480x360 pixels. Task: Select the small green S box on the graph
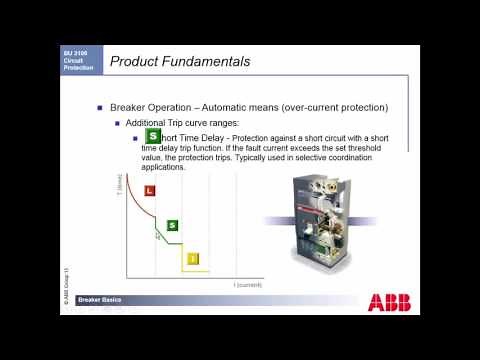[x=172, y=226]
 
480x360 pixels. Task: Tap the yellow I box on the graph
[x=192, y=259]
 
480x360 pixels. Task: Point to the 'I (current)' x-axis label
[x=247, y=285]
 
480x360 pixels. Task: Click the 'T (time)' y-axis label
[x=118, y=184]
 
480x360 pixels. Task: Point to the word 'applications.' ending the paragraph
[x=185, y=167]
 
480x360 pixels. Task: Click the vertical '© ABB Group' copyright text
[x=67, y=285]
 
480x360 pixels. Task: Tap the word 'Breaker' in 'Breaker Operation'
[x=130, y=107]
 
